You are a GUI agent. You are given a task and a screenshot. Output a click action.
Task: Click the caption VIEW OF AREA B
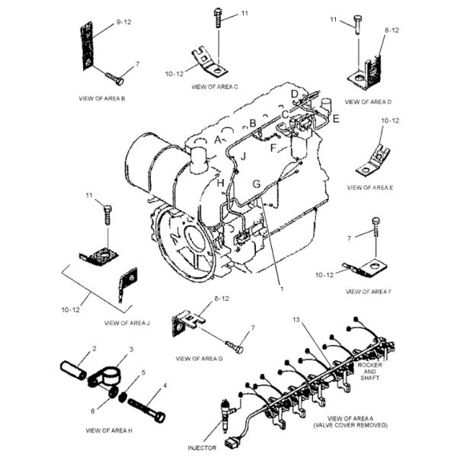pos(102,99)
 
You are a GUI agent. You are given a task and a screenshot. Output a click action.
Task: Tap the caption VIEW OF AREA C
pos(215,87)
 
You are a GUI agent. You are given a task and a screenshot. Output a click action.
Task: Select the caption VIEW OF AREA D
pos(368,101)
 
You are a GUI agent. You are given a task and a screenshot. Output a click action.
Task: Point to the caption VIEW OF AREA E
pos(370,187)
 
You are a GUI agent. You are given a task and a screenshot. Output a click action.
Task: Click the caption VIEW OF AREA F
pos(369,291)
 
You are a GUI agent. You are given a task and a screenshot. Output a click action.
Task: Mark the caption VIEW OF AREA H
pos(109,430)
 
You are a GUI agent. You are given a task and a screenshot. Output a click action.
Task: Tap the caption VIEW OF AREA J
pos(126,323)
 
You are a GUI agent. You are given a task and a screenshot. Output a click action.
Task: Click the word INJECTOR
pos(203,447)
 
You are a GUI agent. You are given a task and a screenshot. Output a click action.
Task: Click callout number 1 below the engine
pos(281,289)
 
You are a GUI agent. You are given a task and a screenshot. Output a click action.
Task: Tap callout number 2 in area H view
pos(94,349)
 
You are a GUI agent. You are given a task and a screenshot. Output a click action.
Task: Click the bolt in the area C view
pos(219,16)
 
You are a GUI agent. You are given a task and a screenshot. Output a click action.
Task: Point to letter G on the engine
pos(257,184)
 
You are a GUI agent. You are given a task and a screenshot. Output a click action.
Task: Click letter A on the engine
pos(218,140)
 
